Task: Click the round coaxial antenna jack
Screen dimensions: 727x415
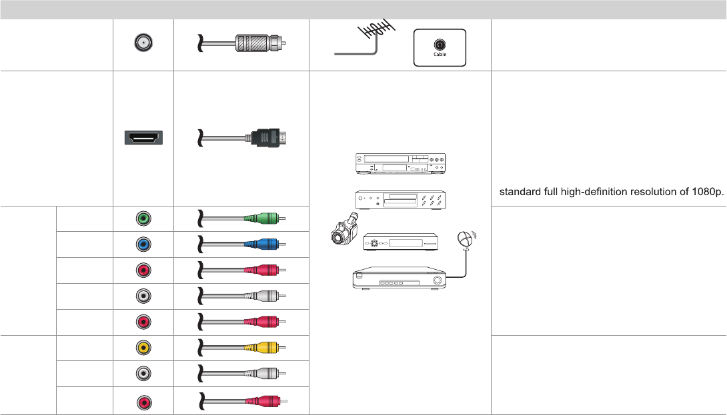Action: click(143, 44)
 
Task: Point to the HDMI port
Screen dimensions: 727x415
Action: click(143, 139)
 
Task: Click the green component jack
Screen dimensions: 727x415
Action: click(143, 218)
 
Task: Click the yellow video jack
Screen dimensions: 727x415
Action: click(143, 348)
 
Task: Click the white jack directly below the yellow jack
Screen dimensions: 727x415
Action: click(143, 374)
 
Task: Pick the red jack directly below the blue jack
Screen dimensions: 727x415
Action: click(143, 270)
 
